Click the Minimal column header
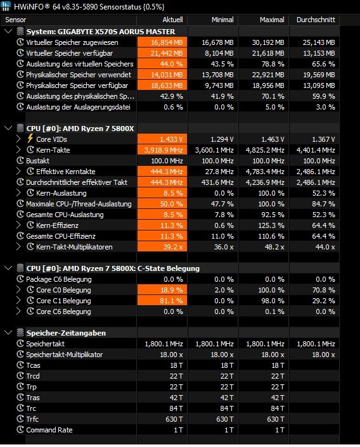pos(222,20)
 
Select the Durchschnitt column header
pos(316,20)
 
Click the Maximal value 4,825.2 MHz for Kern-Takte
pos(265,150)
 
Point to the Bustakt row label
pos(37,161)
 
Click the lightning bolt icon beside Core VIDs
pos(30,139)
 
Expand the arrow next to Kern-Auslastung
pos(18,193)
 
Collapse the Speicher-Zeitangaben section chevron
pos(8,332)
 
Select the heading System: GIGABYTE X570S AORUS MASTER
pos(101,32)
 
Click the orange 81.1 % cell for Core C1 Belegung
pos(162,301)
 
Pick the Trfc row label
pos(32,419)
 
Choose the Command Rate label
pos(49,430)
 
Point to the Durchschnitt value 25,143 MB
pos(319,42)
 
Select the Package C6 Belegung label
pos(59,279)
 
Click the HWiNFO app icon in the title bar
pos(6,6)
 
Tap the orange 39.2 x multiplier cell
pos(162,247)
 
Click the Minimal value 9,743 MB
pos(219,85)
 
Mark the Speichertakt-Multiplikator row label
pos(64,355)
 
